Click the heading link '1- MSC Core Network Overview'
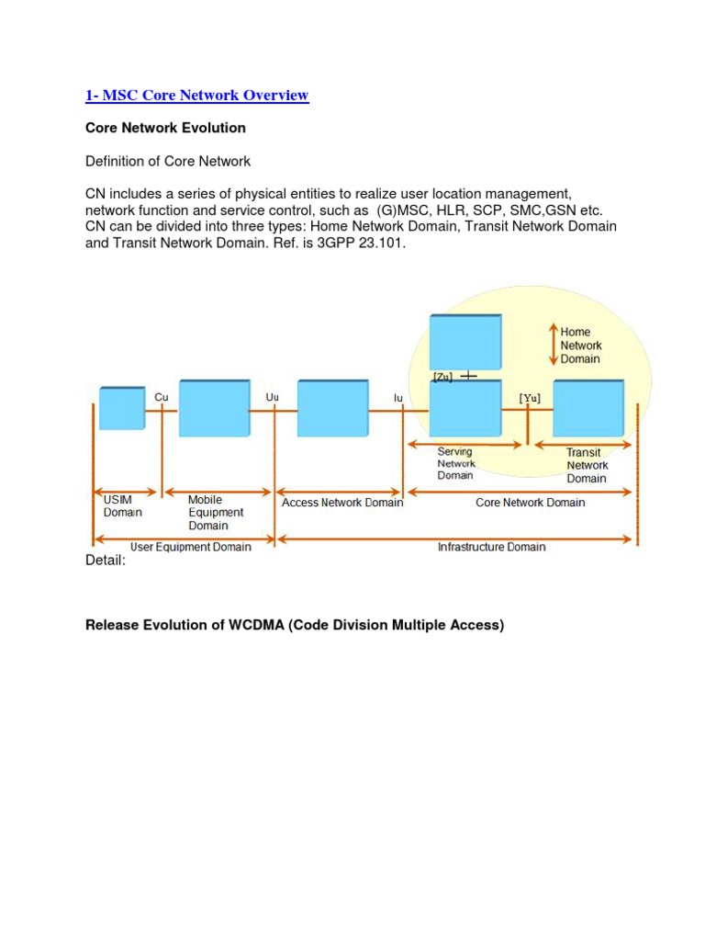coord(196,96)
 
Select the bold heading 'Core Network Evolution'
coord(165,129)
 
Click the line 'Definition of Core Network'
coord(168,162)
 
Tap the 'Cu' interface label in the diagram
coord(162,397)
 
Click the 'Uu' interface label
coord(272,397)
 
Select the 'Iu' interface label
coord(398,397)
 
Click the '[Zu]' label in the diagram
coord(442,377)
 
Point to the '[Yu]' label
coord(530,397)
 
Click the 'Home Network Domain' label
coord(581,346)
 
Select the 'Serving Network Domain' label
coord(455,463)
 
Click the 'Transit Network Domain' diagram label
coord(587,465)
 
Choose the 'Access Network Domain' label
coord(341,503)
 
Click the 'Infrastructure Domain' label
coord(491,547)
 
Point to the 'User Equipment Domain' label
coord(190,547)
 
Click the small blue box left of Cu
coord(122,409)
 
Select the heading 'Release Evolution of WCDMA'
coord(295,626)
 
